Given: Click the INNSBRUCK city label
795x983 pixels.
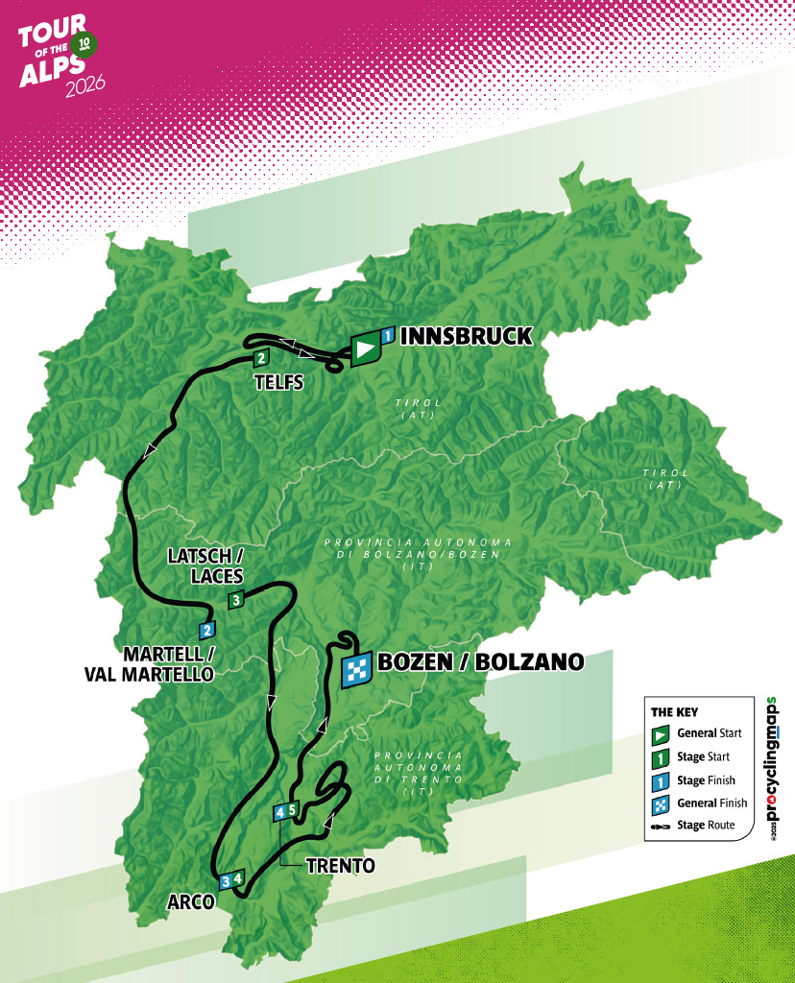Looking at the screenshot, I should (465, 336).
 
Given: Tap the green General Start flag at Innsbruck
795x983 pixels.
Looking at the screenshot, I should (365, 349).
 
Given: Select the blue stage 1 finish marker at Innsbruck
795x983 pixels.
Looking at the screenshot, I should (387, 336).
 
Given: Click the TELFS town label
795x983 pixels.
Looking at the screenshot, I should (278, 382).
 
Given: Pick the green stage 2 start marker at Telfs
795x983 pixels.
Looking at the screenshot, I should (260, 359).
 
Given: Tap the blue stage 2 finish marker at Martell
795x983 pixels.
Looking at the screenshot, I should (206, 631).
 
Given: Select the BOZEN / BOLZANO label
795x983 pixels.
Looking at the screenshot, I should (480, 661).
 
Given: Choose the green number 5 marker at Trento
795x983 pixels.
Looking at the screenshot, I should (293, 808).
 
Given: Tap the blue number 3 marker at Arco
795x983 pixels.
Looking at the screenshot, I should (226, 880).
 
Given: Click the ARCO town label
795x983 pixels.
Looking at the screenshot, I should (190, 903).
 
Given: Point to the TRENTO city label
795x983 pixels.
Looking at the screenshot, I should (340, 866).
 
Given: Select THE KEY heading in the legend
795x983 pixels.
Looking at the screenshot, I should (676, 712).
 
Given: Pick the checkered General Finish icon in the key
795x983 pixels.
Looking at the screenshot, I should (661, 803).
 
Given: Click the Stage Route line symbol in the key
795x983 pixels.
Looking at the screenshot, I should (661, 826).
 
